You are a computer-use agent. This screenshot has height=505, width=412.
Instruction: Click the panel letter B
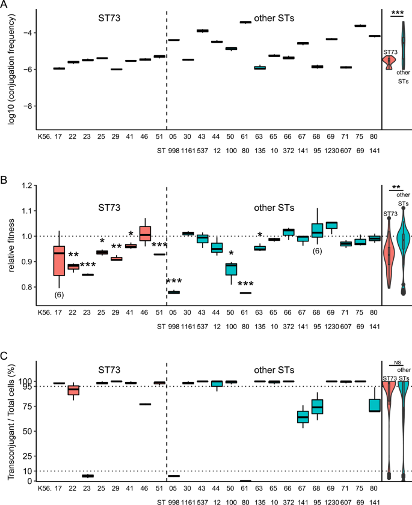coord(5,179)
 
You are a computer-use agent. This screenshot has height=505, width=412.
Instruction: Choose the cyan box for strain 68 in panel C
coord(317,407)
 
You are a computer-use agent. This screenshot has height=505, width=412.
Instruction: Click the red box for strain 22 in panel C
coord(73,390)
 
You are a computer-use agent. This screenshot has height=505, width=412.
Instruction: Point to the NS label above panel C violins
coord(397,362)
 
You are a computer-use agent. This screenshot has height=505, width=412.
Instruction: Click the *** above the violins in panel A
coord(397,12)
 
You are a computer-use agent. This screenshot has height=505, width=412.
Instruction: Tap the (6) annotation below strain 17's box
coord(59,295)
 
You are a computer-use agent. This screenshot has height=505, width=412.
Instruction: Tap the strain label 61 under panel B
coord(245,312)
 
